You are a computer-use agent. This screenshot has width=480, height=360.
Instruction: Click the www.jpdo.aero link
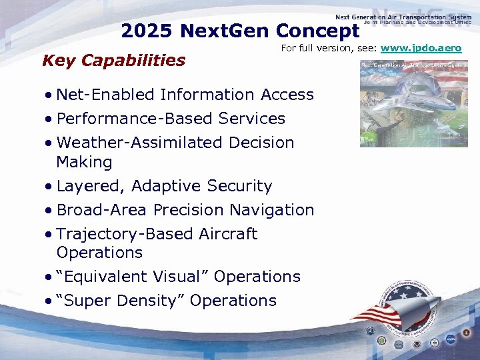coord(421,49)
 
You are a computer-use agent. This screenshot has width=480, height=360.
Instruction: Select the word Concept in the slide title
coord(317,31)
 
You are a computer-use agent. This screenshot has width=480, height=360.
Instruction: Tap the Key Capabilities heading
coord(113,61)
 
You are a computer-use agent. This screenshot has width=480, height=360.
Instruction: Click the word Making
coord(84,162)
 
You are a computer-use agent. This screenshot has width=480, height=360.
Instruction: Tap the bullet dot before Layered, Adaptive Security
coord(49,187)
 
